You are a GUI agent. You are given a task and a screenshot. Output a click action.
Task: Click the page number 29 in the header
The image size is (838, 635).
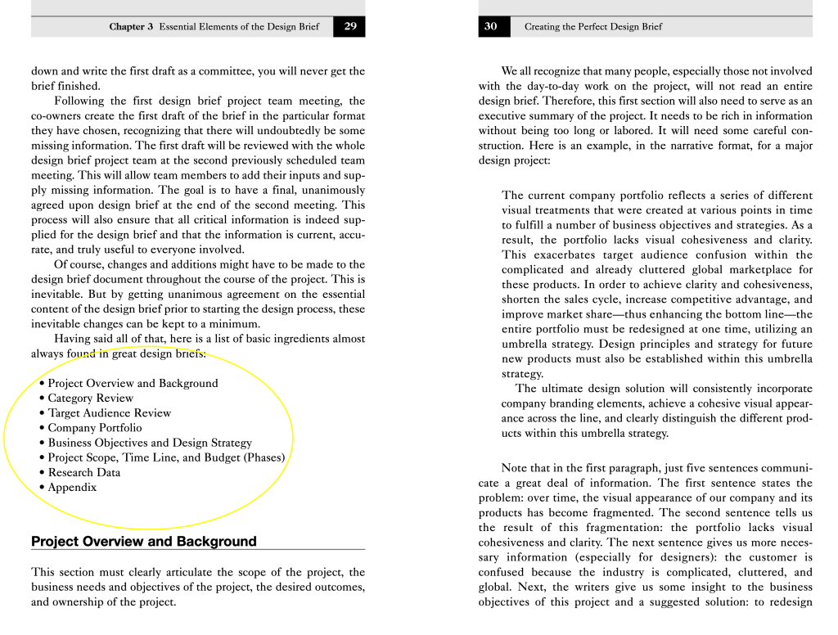(x=349, y=26)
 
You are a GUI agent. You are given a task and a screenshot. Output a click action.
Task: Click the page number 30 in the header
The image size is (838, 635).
(x=490, y=26)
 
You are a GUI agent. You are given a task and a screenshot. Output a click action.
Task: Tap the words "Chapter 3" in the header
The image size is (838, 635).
(x=131, y=27)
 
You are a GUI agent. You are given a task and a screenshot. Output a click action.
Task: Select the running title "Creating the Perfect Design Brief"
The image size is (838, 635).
(x=593, y=27)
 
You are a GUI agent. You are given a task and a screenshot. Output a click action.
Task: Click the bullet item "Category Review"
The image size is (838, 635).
(x=90, y=399)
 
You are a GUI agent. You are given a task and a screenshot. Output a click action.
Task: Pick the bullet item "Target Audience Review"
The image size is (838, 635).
(x=109, y=413)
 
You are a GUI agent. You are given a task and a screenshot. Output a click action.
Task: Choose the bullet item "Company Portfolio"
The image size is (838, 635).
(x=94, y=428)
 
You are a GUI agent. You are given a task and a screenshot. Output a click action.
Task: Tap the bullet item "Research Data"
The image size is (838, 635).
(x=83, y=472)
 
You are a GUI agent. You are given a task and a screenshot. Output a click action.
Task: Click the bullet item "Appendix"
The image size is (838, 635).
(x=72, y=488)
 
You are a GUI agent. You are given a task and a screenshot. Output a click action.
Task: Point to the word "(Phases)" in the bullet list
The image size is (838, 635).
(x=264, y=457)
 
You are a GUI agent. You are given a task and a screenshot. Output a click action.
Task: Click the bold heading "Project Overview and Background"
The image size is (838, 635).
(x=144, y=542)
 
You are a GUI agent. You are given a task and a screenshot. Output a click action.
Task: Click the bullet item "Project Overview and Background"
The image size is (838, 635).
(x=133, y=384)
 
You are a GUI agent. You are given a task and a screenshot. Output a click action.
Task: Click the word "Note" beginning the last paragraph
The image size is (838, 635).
(x=514, y=468)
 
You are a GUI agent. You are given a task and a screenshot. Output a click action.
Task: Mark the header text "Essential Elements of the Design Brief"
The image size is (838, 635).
(x=239, y=27)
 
